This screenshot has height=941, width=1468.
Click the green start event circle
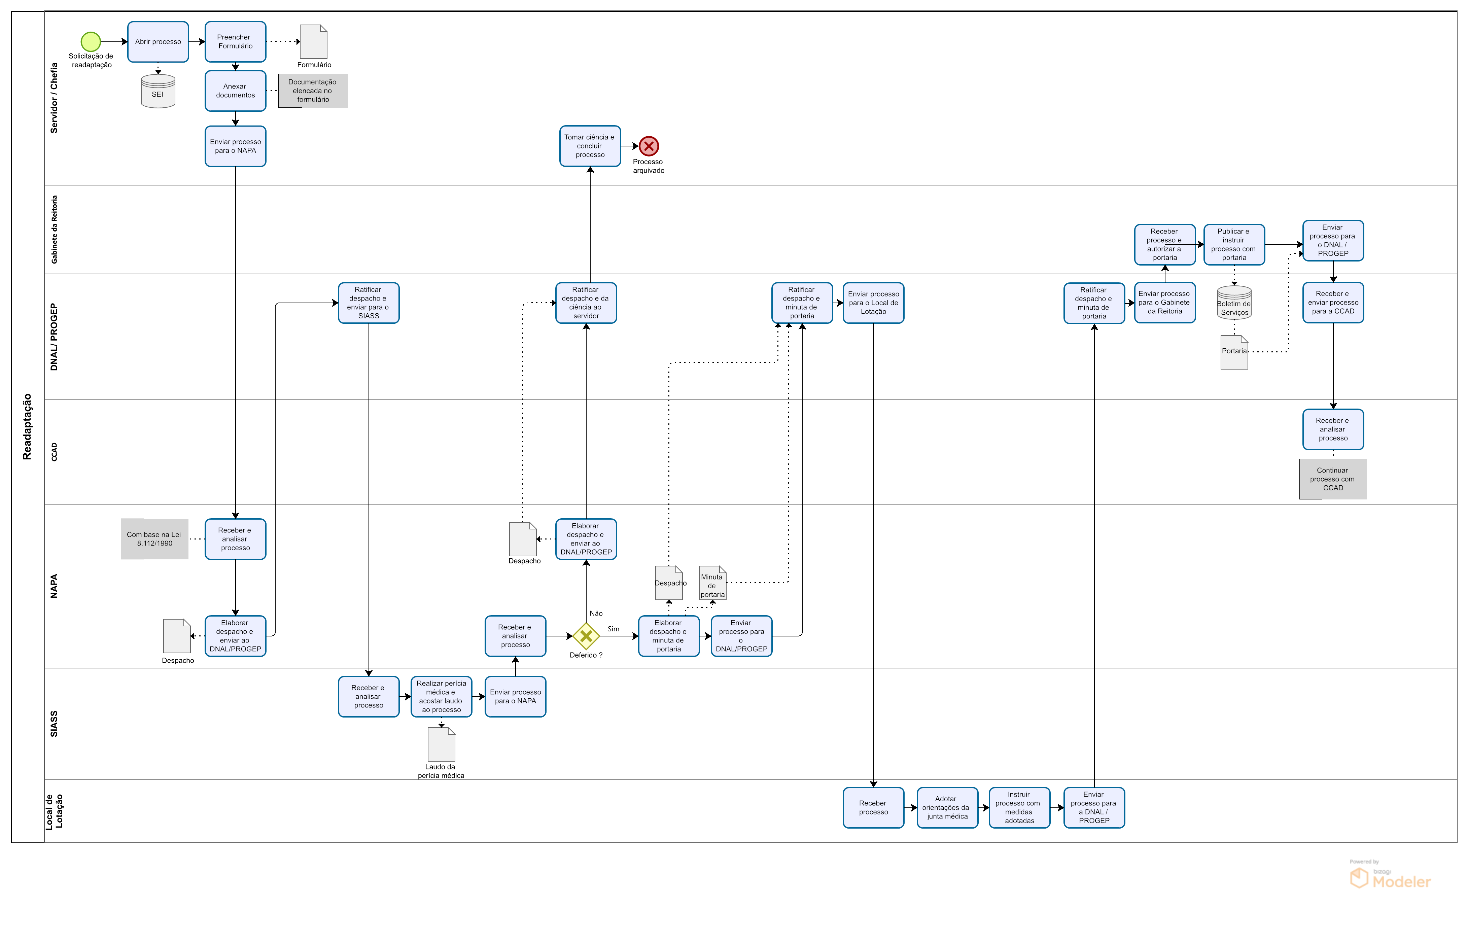click(x=91, y=41)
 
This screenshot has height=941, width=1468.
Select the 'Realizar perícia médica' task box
click(x=441, y=697)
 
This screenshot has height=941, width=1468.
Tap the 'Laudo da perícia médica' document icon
click(x=441, y=744)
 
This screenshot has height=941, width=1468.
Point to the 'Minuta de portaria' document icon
click(x=712, y=583)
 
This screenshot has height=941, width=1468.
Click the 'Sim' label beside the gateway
click(x=613, y=629)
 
